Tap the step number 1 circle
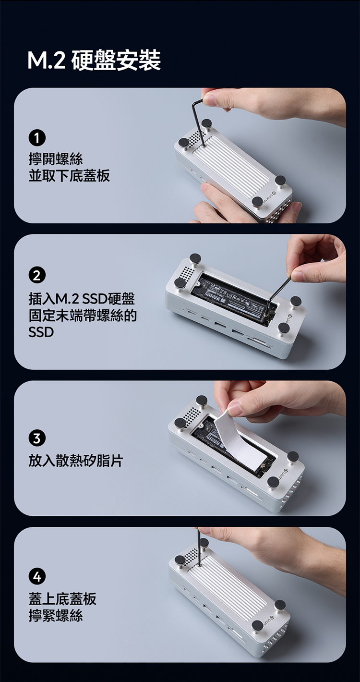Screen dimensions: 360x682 (37, 138)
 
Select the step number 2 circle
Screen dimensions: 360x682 (37, 276)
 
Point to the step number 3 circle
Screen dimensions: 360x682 (37, 438)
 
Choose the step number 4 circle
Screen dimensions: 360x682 (37, 576)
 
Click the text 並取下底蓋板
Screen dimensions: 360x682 (69, 176)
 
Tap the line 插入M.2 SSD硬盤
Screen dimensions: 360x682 (82, 299)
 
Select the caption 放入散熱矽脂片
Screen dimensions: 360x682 (76, 461)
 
